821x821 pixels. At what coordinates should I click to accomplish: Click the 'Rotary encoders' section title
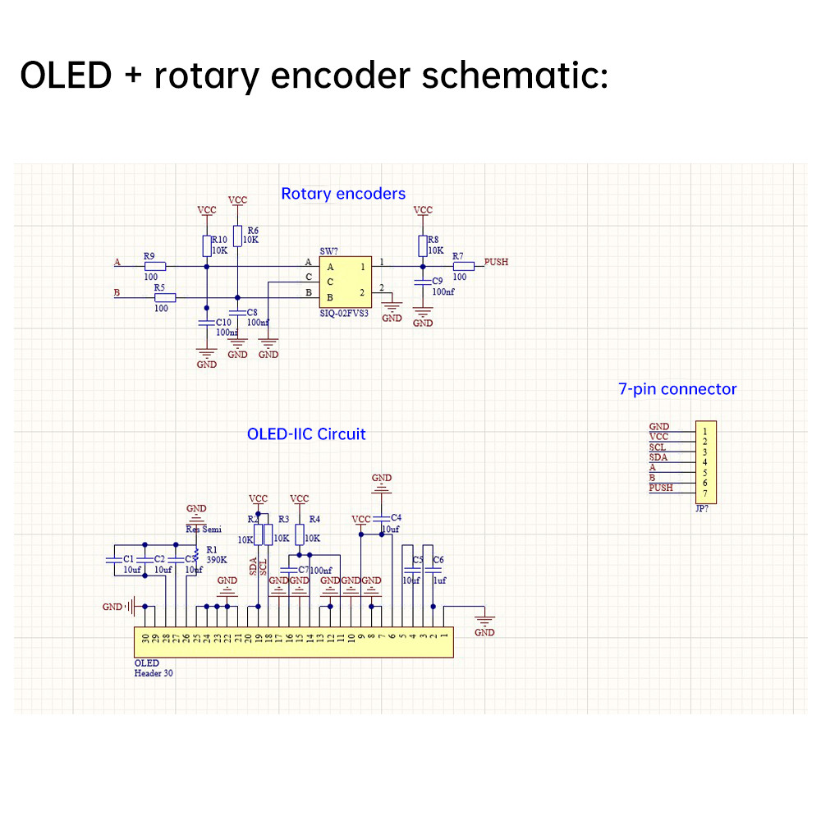343,194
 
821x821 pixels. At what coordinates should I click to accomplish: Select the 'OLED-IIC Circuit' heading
306,433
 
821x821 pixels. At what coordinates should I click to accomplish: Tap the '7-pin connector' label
677,389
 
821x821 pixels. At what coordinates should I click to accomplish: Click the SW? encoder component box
345,281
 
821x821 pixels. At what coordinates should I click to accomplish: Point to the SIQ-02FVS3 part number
344,314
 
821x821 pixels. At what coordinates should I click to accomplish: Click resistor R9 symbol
154,266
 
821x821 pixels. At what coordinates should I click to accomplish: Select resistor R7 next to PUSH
464,266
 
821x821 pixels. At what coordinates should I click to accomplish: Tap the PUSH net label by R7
496,262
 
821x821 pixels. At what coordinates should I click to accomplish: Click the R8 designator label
433,240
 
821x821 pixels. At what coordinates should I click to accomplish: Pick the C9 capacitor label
438,282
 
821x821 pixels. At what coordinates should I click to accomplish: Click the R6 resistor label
252,231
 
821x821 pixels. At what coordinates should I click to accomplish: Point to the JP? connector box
705,462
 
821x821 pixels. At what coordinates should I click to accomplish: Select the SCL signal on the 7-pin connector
658,447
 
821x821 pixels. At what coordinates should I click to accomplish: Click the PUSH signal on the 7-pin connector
661,488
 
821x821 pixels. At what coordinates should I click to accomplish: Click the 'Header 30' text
154,673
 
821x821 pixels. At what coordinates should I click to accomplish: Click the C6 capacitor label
438,559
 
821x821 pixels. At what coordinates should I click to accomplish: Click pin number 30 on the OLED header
145,638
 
